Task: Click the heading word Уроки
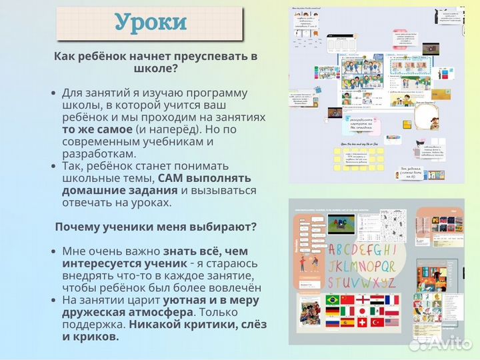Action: (x=151, y=23)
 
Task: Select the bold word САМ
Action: (x=171, y=178)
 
